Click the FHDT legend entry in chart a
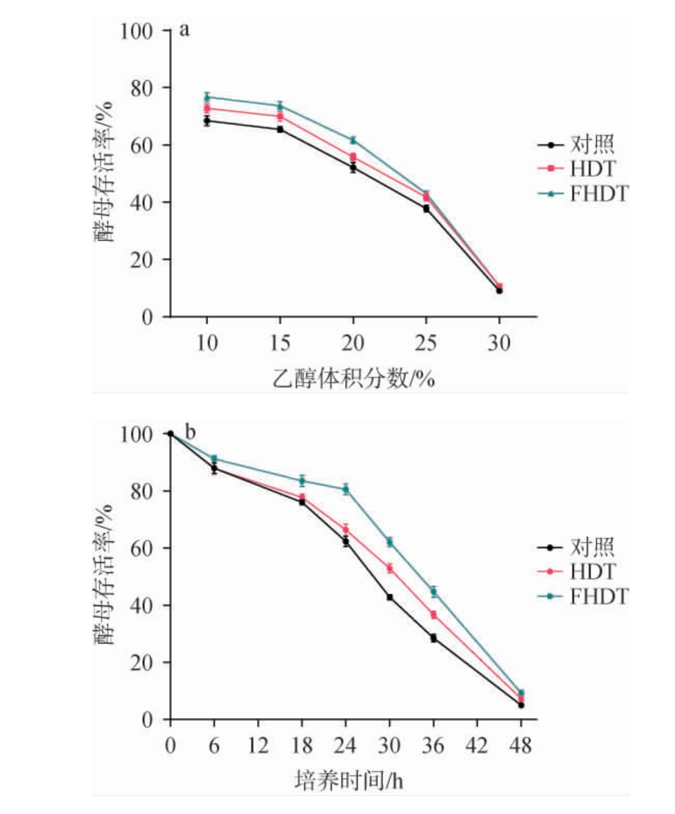coord(583,195)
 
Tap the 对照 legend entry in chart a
coord(583,145)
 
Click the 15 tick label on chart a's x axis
coord(280,343)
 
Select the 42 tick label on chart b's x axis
coord(477,746)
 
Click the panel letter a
coord(184,30)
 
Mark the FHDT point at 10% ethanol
coord(207,97)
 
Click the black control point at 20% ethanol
coord(353,167)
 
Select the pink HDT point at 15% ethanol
coord(280,116)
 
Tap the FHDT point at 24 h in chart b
coord(346,490)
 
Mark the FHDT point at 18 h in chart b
coord(302,481)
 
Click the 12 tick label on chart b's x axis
coord(258,746)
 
